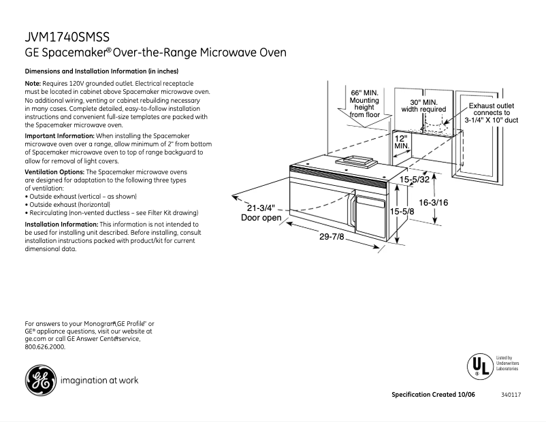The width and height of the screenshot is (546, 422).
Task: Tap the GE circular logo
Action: [40, 380]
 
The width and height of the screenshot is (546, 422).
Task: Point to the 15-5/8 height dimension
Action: [402, 212]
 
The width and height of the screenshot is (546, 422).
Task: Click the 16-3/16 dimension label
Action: [433, 201]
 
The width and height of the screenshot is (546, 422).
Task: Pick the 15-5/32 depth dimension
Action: [415, 180]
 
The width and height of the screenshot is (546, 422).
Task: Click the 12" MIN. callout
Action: [402, 142]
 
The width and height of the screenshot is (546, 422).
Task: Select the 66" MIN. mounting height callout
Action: [365, 103]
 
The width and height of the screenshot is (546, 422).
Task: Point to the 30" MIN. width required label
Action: [423, 105]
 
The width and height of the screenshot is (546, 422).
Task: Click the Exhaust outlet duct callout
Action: [491, 113]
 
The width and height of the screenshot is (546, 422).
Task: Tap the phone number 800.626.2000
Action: [45, 346]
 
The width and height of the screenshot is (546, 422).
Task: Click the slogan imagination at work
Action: [99, 380]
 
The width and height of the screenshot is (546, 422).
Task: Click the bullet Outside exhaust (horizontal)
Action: [69, 204]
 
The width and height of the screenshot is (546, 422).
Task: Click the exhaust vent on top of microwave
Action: [353, 161]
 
